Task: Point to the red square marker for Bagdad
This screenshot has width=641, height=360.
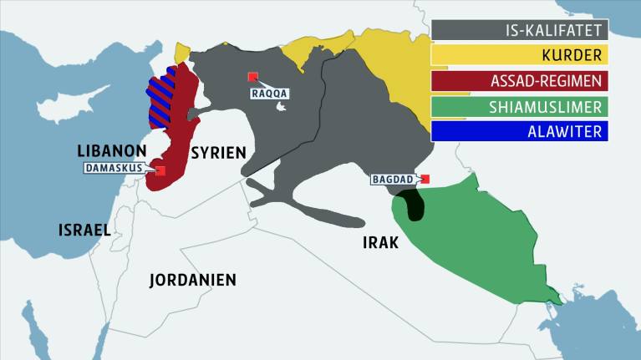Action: [425, 179]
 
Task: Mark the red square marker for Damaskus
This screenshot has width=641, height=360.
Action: [160, 170]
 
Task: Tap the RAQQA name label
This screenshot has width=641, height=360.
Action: [269, 94]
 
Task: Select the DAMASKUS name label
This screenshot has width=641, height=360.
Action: [114, 167]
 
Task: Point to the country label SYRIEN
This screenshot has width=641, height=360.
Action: [218, 152]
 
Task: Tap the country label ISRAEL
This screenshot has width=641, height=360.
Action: [84, 228]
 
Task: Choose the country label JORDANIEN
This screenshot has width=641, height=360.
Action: [192, 280]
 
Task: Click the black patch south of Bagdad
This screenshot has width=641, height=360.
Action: [410, 205]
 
